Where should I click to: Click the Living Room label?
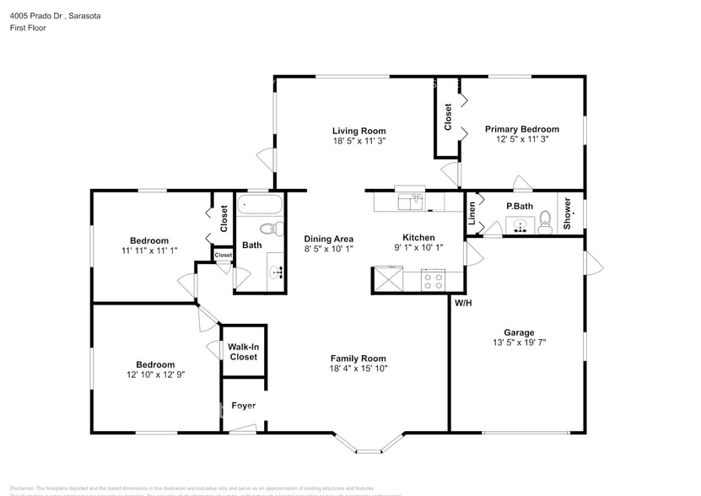359,131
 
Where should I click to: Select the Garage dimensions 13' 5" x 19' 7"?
519,343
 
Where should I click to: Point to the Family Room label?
358,358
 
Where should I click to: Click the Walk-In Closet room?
244,351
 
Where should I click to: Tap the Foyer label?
244,406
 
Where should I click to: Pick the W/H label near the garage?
463,303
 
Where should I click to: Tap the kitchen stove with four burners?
433,281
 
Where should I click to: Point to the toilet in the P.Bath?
545,221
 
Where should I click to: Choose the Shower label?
567,213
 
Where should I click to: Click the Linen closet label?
472,217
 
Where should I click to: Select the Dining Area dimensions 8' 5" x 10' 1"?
328,249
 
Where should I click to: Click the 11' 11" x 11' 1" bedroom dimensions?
148,251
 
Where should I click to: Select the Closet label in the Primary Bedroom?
448,116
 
